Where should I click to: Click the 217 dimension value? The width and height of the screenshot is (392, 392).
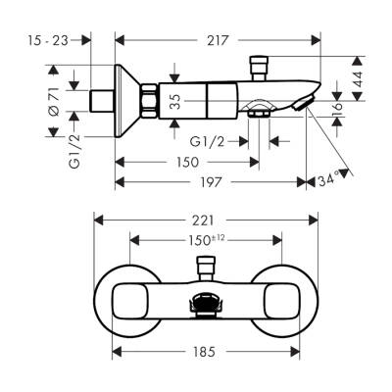point(218,40)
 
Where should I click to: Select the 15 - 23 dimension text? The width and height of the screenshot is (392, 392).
point(47,40)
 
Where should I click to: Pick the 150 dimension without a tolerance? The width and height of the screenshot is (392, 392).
point(176,163)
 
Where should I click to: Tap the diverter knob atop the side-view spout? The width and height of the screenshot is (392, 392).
point(260,66)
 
